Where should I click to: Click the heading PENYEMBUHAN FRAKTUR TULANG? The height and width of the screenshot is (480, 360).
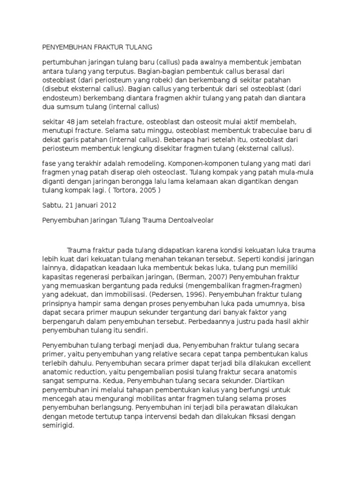97,47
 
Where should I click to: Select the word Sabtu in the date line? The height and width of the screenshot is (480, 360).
52,205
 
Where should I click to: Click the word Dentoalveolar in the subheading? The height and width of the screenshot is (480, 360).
188,220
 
